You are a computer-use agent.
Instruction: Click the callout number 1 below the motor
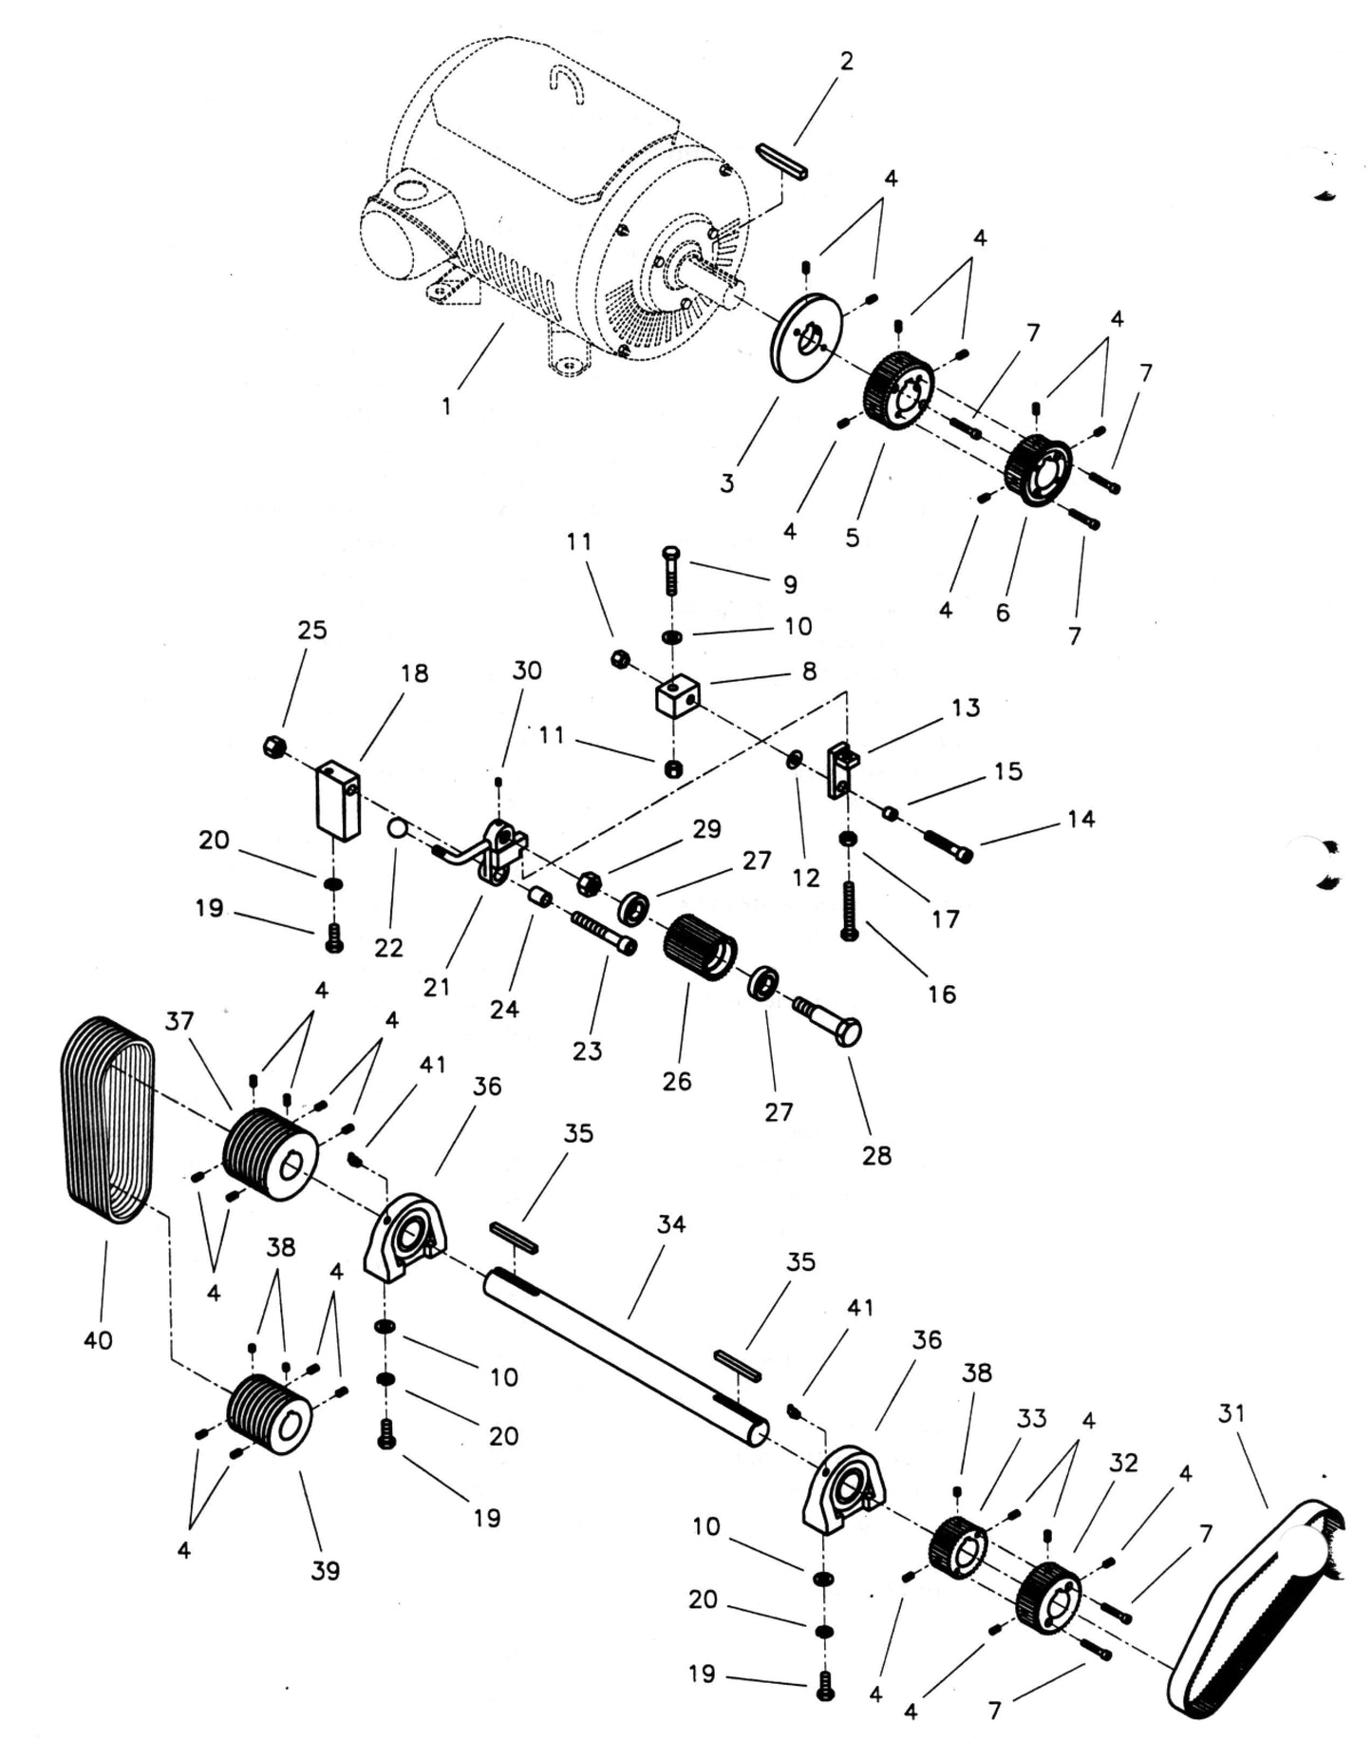click(x=446, y=407)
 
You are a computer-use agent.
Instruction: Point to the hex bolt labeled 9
click(x=670, y=570)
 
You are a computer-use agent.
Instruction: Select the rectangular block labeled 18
click(x=338, y=799)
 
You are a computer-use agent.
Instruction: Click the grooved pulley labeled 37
click(x=269, y=1153)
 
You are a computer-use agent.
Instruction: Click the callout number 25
click(x=312, y=631)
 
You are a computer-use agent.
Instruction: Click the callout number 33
click(x=1031, y=1418)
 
